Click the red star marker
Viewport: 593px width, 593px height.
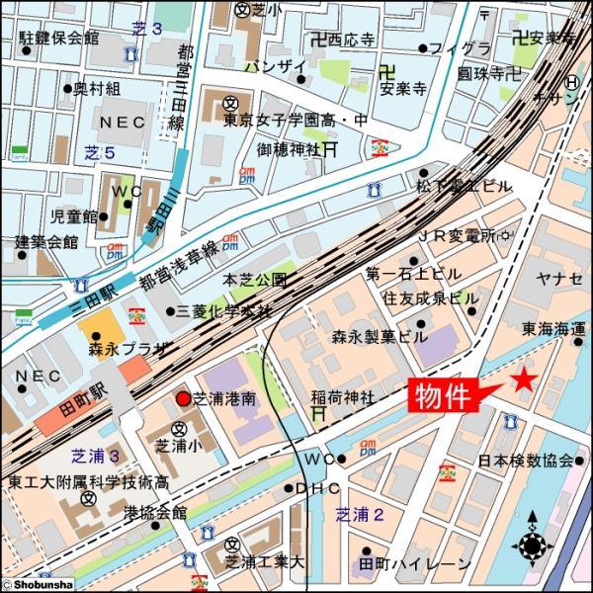point(523,381)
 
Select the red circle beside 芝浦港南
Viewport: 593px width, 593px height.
point(183,398)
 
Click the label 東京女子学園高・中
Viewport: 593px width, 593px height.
point(282,122)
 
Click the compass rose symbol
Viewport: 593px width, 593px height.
point(534,544)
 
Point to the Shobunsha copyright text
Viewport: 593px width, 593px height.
point(38,585)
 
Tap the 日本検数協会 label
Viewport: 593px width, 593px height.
point(526,461)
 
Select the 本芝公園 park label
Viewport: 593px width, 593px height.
point(255,280)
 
